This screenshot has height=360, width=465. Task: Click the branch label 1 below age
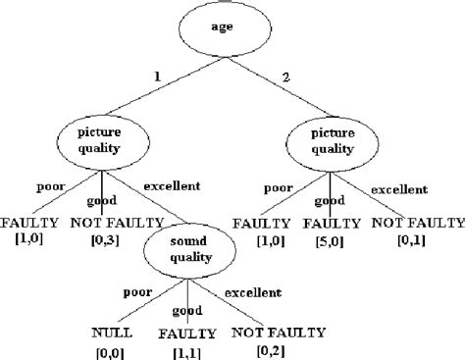click(x=156, y=76)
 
